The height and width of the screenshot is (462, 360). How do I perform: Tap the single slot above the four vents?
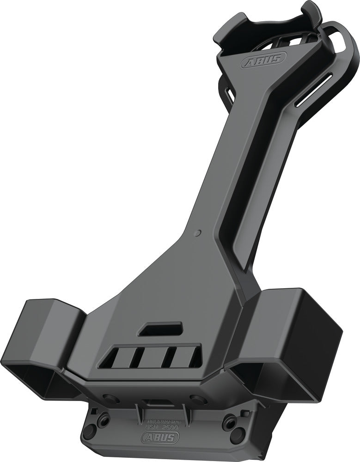coord(162,328)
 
